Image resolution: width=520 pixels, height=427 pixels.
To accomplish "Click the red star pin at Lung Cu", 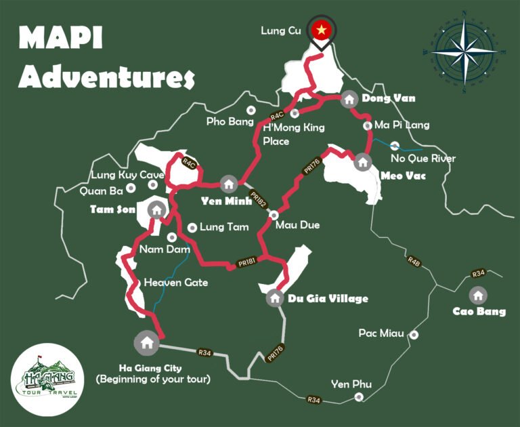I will click(x=322, y=30).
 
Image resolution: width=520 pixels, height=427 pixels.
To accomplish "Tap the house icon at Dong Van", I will click(x=349, y=99).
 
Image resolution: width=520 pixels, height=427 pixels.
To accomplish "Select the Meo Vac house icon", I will click(x=363, y=162).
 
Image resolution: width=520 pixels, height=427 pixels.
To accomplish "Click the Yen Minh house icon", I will click(x=228, y=184).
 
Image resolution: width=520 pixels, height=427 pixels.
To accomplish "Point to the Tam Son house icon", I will click(x=156, y=209).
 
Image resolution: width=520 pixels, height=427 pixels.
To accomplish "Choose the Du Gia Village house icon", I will click(x=274, y=298).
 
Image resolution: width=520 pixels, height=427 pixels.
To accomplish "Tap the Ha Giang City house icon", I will click(x=146, y=342).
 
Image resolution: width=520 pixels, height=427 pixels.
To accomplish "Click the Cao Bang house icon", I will click(x=478, y=296).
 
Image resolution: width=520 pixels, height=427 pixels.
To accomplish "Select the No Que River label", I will click(x=424, y=159).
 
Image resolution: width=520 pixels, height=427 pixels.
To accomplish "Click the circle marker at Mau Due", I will click(x=274, y=215).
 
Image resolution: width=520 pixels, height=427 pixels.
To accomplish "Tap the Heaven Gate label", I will click(x=176, y=282).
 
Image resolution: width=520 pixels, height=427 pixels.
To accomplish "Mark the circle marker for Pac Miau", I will click(x=414, y=335).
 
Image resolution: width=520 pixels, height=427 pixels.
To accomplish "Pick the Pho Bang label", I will click(x=225, y=121).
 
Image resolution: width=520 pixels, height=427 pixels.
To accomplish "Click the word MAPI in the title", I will click(x=61, y=39).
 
